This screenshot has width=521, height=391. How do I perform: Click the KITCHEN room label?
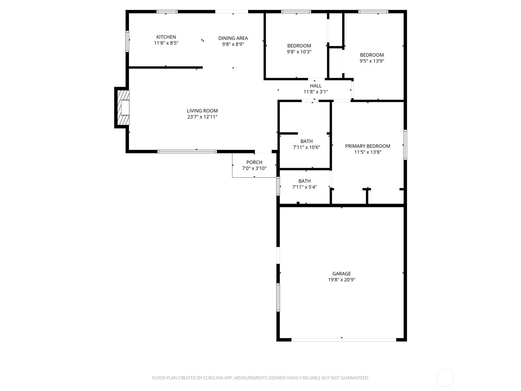tap(166, 37)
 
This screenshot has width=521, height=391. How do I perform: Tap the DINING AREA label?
tap(233, 38)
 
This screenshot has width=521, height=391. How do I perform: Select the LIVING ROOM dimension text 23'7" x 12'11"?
tap(202, 117)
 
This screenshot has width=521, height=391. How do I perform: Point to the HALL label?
tap(316, 86)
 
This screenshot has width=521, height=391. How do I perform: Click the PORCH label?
tap(254, 162)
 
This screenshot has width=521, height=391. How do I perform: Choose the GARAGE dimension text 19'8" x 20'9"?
tap(342, 280)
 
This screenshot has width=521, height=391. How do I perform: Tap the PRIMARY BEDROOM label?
tap(368, 146)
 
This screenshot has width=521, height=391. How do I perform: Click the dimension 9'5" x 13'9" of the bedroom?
tap(372, 61)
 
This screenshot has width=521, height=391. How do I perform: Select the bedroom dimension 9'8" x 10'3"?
tap(299, 52)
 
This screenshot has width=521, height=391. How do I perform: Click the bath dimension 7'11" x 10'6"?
tap(306, 147)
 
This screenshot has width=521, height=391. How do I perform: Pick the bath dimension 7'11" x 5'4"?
tap(304, 187)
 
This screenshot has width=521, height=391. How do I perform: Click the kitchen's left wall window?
tap(127, 41)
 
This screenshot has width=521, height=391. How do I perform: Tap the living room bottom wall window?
tap(187, 152)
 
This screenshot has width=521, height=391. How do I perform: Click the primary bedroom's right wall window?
tap(405, 145)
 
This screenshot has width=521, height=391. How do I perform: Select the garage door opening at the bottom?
tap(344, 340)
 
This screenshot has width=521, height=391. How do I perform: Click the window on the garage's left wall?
tap(278, 297)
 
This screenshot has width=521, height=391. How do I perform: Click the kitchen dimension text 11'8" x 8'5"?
tap(166, 43)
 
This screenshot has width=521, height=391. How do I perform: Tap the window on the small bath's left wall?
tap(278, 186)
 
